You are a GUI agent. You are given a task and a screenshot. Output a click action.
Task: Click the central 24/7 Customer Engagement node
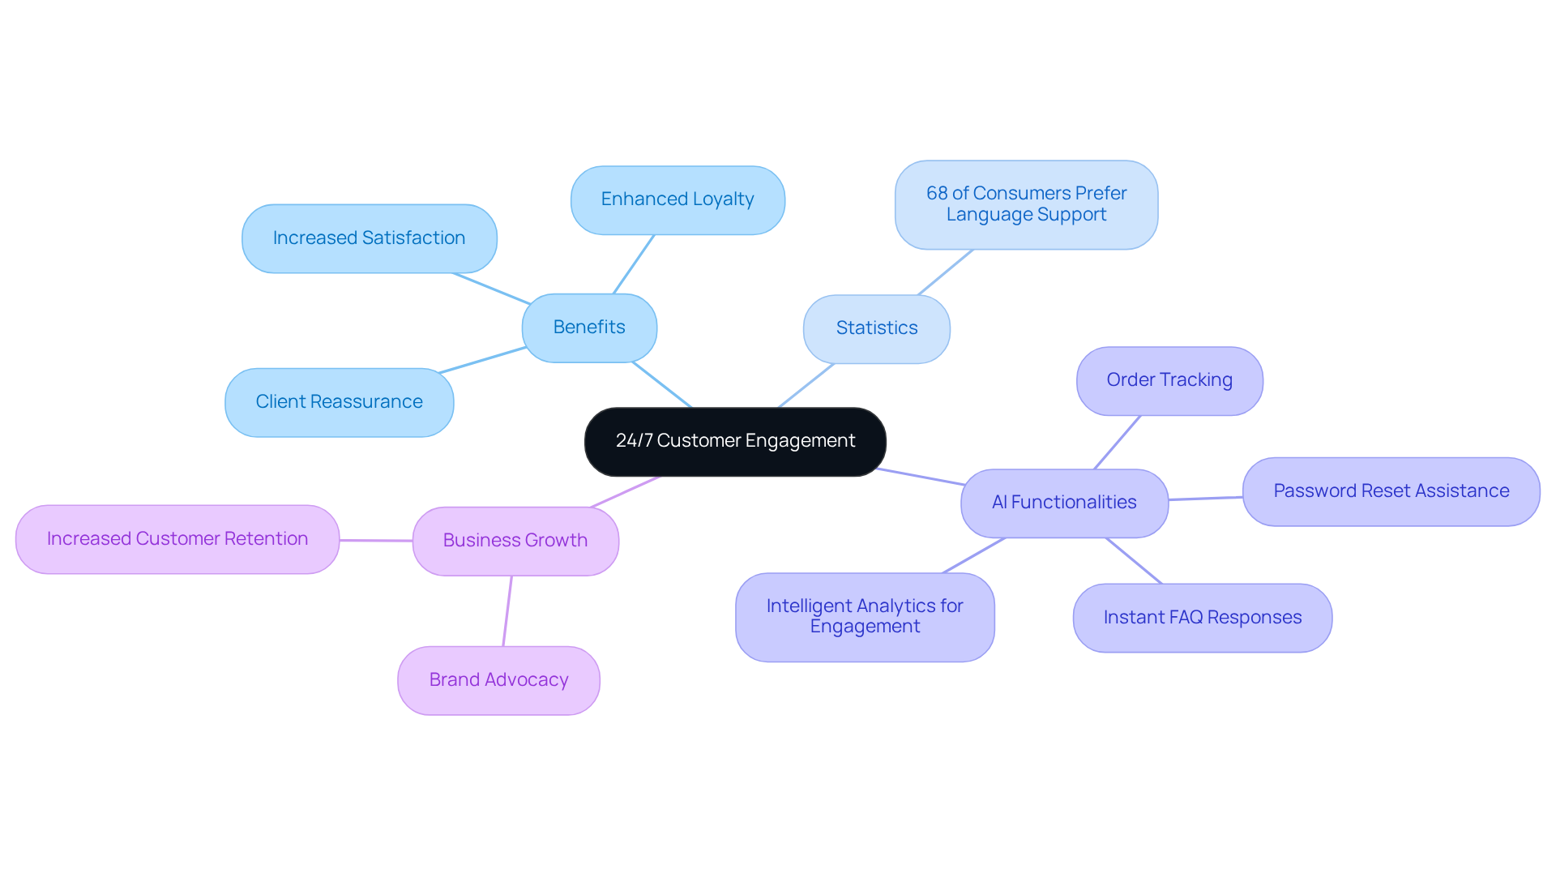pos(735,441)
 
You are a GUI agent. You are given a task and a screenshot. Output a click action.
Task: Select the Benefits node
pos(589,328)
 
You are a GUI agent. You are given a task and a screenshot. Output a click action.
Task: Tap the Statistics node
pos(876,328)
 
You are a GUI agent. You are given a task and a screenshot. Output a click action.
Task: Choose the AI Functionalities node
pos(1064,503)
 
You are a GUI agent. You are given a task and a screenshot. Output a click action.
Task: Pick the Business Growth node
pos(515,541)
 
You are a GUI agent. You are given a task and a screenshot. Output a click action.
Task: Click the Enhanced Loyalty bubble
pos(678,199)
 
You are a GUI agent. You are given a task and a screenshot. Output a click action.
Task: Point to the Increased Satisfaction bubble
pos(369,238)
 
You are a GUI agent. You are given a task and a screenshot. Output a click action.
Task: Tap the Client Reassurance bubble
pos(339,402)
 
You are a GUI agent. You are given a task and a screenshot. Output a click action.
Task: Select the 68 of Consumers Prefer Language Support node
pos(1026,204)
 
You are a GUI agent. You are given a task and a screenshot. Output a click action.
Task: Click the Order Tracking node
pos(1169,380)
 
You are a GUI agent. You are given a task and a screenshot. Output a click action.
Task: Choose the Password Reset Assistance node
pos(1391,491)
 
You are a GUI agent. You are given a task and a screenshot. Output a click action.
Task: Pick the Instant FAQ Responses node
pos(1202,618)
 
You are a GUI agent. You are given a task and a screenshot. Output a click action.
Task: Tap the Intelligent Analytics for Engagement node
pos(865,617)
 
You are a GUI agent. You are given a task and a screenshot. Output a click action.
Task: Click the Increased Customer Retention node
pos(177,539)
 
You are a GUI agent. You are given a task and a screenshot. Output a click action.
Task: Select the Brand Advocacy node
pos(498,680)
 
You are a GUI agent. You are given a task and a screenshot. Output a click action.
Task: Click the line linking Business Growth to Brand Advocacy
pos(507,611)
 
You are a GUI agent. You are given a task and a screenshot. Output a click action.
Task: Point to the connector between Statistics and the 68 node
pos(945,272)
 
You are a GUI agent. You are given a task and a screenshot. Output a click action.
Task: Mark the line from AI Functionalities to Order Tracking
pos(1118,443)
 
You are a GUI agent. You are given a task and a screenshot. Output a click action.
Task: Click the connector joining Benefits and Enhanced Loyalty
pos(634,264)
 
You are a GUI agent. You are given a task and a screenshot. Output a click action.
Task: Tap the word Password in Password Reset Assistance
pos(1314,491)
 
